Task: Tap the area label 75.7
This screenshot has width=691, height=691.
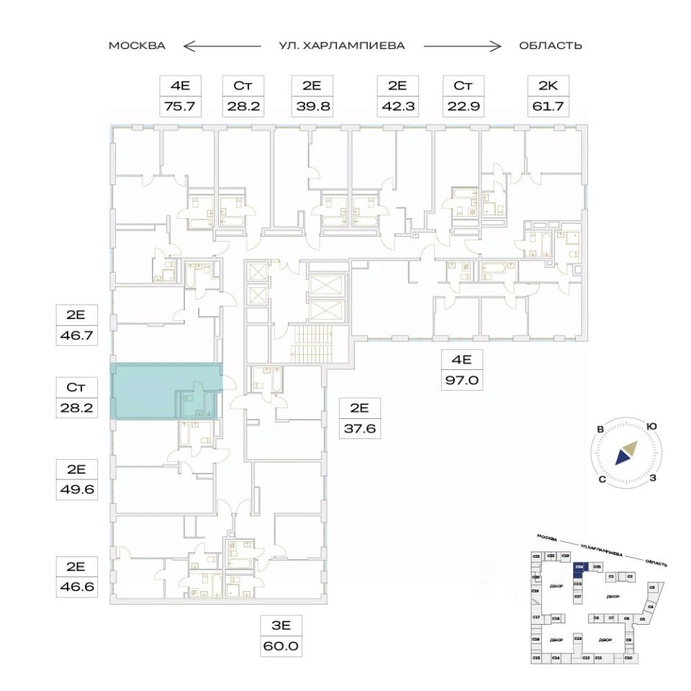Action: (x=179, y=106)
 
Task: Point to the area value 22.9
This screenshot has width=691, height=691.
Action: (x=463, y=106)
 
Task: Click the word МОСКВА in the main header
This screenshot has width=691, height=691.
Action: (x=137, y=45)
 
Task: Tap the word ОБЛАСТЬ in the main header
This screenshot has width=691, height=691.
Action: (x=551, y=45)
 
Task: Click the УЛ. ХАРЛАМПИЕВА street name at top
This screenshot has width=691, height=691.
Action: (x=342, y=45)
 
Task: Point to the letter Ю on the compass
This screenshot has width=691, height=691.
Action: (x=651, y=426)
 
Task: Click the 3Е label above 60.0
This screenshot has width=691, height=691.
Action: (x=281, y=625)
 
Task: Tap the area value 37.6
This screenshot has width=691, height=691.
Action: (x=359, y=429)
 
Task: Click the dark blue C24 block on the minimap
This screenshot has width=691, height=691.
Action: (x=579, y=567)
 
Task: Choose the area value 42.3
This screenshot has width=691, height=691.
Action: (x=397, y=106)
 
